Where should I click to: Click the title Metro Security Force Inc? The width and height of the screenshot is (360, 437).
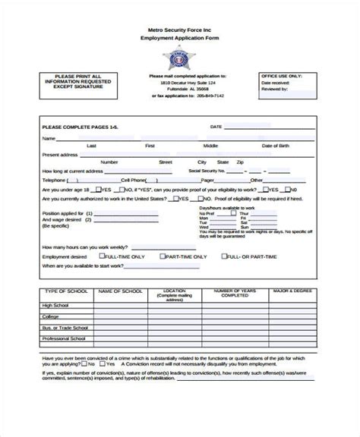pyautogui.click(x=180, y=28)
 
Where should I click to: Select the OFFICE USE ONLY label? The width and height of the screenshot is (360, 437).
pyautogui.click(x=281, y=76)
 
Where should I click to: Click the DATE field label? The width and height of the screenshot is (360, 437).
pyautogui.click(x=216, y=127)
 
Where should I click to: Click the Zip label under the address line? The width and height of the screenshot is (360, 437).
pyautogui.click(x=240, y=162)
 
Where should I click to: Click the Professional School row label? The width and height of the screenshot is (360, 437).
pyautogui.click(x=65, y=338)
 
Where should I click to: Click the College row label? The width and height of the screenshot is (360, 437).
pyautogui.click(x=51, y=316)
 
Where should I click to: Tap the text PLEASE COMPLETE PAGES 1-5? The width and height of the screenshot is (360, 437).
pyautogui.click(x=79, y=127)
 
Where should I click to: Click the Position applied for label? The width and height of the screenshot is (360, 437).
pyautogui.click(x=62, y=213)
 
